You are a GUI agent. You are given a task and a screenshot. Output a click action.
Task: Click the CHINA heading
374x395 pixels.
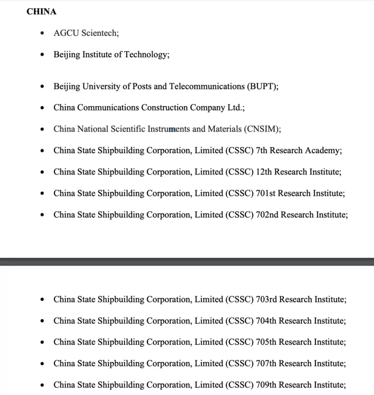point(41,12)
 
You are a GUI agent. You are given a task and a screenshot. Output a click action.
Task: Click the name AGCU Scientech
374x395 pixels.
point(86,33)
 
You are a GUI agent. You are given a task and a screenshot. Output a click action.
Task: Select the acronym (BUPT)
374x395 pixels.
point(262,86)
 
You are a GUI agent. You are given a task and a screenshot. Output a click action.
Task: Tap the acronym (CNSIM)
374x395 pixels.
point(262,129)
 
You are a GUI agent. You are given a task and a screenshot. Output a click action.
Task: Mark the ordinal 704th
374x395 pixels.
point(267,321)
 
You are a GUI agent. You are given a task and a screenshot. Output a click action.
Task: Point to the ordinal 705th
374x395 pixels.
point(267,342)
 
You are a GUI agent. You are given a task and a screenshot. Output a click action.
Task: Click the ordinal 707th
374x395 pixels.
point(267,363)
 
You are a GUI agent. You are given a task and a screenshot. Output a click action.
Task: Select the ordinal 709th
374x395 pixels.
point(267,384)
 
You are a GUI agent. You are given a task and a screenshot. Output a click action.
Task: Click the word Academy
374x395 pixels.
point(324,151)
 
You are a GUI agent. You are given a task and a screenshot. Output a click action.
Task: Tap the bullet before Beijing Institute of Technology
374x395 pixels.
point(42,55)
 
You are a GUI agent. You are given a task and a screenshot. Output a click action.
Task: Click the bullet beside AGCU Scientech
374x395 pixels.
point(42,33)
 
